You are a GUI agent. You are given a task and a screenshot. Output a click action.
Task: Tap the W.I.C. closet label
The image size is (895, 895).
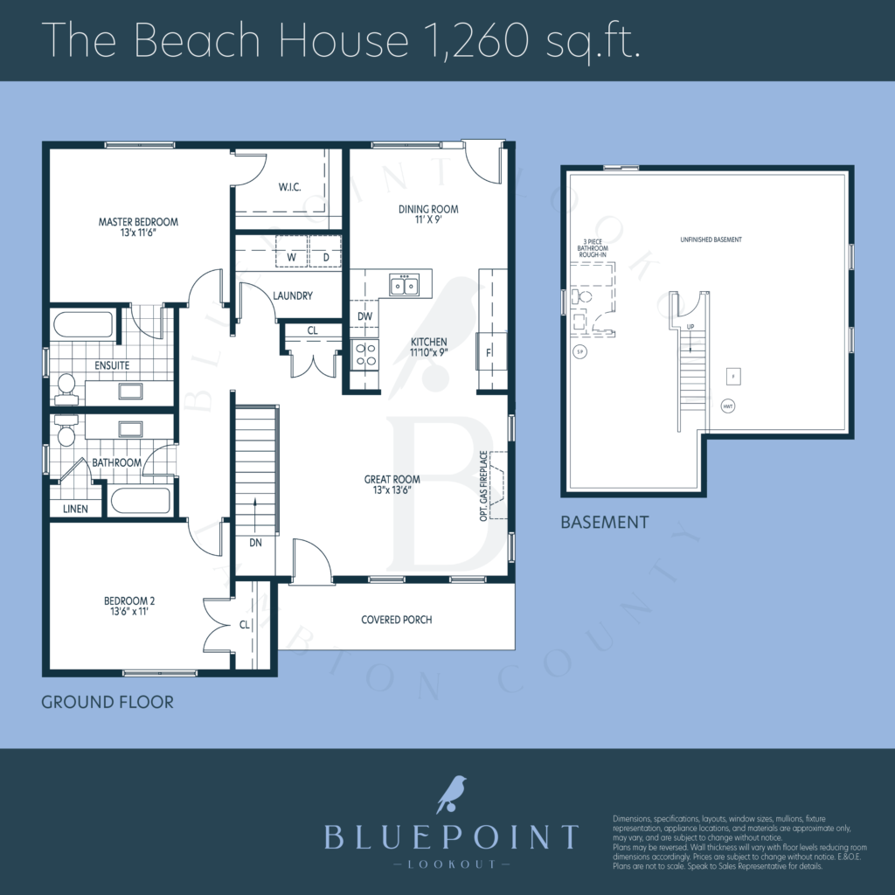(290, 187)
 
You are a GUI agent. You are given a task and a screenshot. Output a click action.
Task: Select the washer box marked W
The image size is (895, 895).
(291, 257)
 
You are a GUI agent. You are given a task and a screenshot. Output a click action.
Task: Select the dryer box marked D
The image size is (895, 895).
(326, 257)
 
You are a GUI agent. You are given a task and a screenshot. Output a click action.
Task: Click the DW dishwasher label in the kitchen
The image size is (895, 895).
(364, 316)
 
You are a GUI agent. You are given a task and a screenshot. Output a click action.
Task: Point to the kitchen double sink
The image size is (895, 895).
(404, 284)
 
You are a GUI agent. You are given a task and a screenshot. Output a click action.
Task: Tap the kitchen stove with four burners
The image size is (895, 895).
(364, 354)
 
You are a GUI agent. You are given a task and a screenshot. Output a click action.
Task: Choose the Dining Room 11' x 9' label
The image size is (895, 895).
(428, 215)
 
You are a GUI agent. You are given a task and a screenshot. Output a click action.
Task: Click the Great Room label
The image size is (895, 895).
(392, 484)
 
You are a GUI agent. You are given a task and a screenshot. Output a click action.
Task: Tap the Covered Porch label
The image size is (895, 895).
(397, 620)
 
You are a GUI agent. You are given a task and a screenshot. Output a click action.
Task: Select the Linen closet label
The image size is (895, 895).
(75, 508)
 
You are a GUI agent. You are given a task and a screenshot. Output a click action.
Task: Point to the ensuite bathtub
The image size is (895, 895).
(83, 325)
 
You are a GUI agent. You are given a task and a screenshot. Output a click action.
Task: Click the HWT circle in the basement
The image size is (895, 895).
(728, 406)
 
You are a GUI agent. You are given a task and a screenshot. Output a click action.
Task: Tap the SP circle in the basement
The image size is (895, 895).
(578, 352)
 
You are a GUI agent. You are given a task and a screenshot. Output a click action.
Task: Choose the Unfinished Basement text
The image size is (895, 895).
(711, 239)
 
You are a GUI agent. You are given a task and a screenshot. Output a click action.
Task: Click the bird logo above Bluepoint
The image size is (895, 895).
(450, 794)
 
